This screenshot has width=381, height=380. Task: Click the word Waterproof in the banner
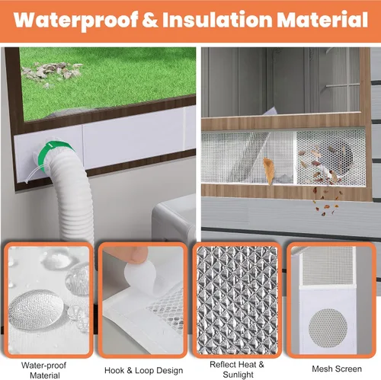pos(76,21)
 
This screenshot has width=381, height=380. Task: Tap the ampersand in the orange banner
pos(151,19)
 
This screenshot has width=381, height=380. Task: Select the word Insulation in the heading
pos(217,19)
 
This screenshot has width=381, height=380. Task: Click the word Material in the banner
pos(322,19)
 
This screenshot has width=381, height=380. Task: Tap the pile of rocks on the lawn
pos(51,72)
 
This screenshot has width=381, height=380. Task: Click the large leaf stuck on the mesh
pos(269,171)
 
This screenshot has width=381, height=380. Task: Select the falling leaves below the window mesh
pos(326,203)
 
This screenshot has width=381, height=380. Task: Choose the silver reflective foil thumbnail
pos(237,300)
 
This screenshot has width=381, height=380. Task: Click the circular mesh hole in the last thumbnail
pos(328,328)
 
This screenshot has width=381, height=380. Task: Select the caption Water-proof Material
pos(44,370)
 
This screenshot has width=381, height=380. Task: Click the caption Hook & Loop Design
pos(144,370)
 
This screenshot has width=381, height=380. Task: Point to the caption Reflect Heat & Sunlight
pos(237,369)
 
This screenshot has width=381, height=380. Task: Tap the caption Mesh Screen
pos(337,369)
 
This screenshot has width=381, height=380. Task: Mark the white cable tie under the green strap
pos(34,174)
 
